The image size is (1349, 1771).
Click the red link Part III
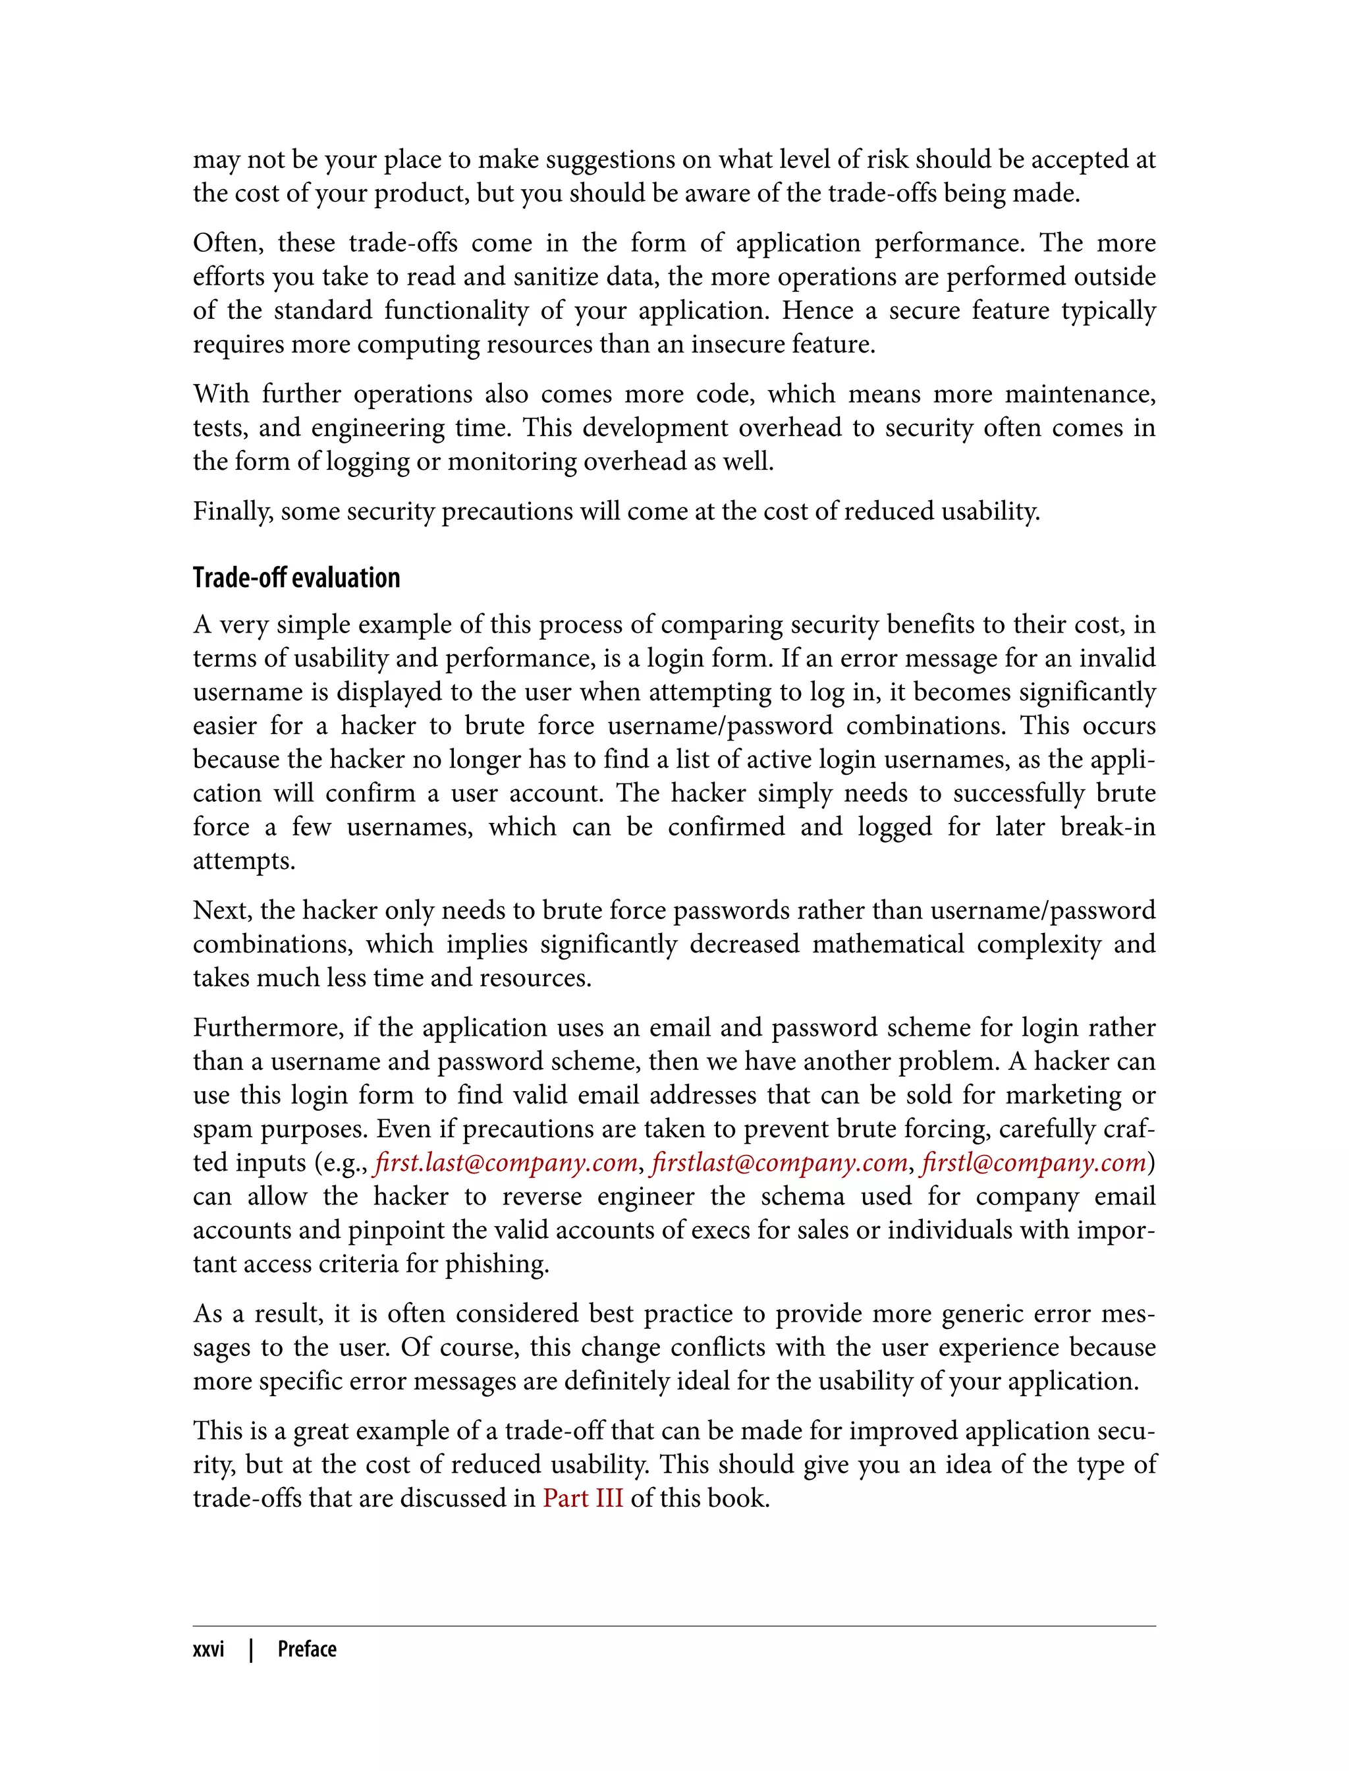pos(582,1499)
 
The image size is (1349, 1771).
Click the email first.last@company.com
pos(505,1162)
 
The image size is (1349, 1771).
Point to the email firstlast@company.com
pos(779,1162)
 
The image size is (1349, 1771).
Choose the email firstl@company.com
pos(1033,1162)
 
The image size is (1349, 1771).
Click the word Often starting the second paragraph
pos(227,242)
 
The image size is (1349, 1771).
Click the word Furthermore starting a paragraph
pos(267,1028)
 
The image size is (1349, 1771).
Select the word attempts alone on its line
pos(243,861)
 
